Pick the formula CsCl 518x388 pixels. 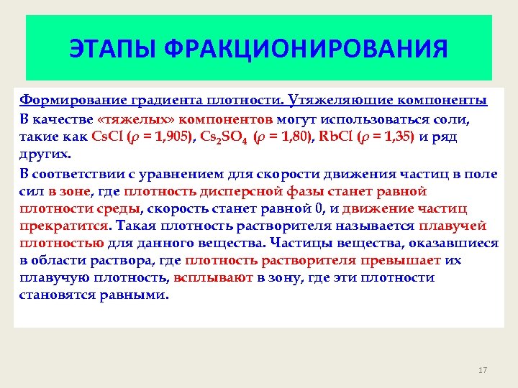(109, 136)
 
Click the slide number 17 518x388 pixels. (482, 370)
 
